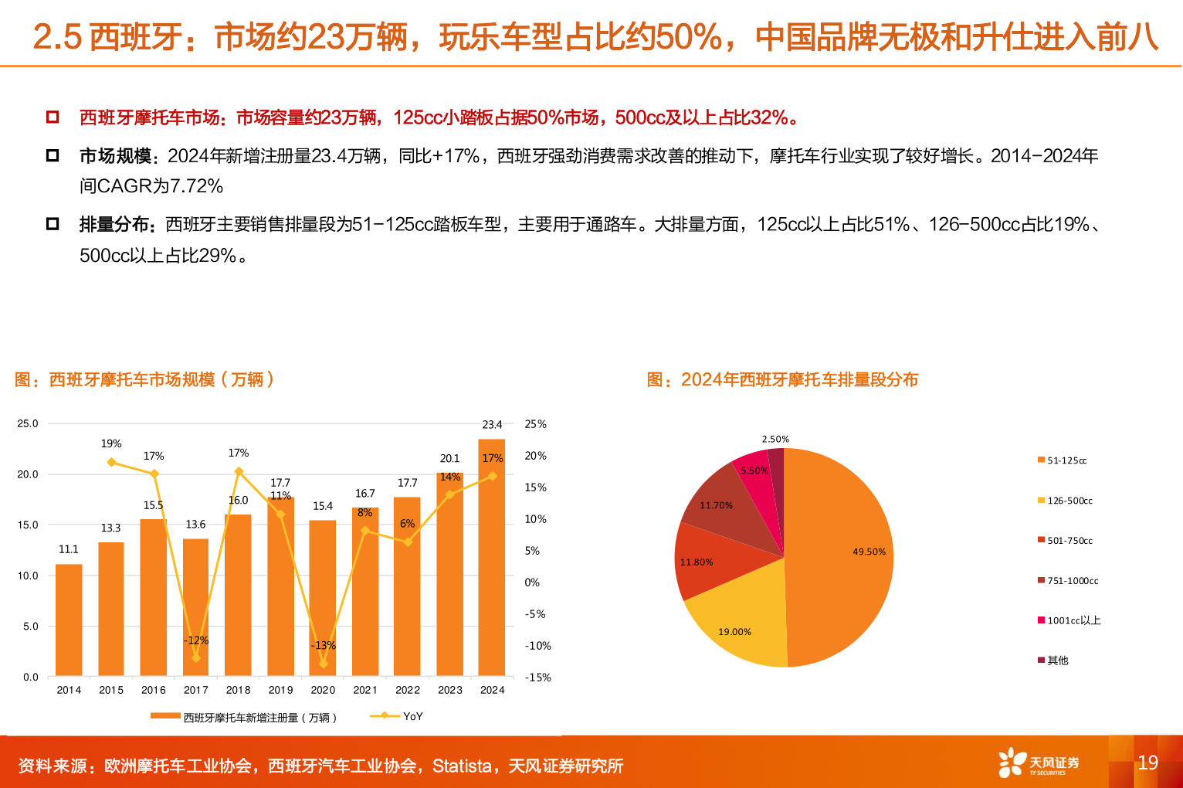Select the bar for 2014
coord(69,620)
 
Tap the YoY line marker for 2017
coord(195,657)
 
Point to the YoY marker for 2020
coord(323,664)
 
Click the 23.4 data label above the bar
coord(492,424)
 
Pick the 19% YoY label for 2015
coord(111,443)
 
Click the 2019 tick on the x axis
coord(280,690)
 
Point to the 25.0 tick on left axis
coord(28,423)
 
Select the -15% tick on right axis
coord(537,678)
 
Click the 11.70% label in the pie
coord(716,505)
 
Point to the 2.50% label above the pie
coord(775,439)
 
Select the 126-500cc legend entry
coord(1069,501)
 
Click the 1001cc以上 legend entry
coord(1073,620)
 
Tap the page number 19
coord(1147,763)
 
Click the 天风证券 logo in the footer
coord(1039,763)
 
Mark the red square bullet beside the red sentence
coord(53,117)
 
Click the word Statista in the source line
coord(462,766)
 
